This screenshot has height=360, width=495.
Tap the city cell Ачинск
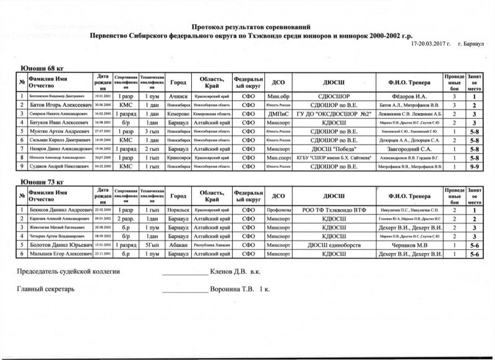[x=179, y=96]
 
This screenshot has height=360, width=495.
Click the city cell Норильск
[x=179, y=210]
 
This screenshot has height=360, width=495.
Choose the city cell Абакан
[x=179, y=245]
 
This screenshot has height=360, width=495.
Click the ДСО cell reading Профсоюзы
[x=275, y=210]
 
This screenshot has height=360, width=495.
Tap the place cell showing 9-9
[x=473, y=167]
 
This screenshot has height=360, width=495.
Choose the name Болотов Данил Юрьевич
[x=58, y=245]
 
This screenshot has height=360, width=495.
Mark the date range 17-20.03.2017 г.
[x=429, y=45]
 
